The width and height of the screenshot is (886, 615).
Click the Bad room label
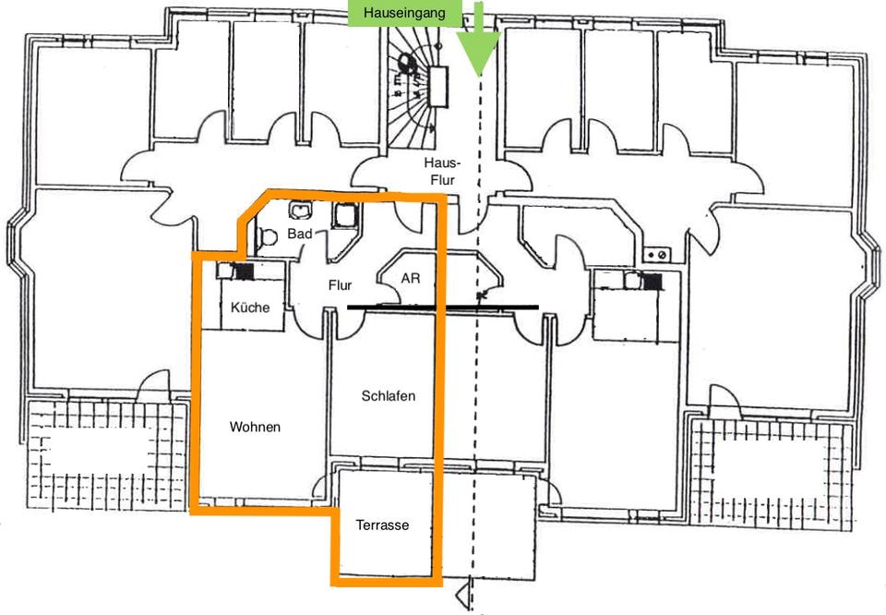click(299, 234)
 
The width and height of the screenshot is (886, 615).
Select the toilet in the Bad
click(267, 237)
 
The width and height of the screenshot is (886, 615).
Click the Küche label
click(250, 307)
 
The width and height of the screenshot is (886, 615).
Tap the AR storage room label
click(410, 277)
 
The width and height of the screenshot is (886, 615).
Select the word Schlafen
click(388, 396)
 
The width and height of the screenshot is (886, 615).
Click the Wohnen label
click(255, 427)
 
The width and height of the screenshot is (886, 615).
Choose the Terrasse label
click(382, 525)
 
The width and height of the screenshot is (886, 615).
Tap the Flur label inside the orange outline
click(340, 285)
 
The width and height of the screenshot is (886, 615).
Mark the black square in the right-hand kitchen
click(652, 282)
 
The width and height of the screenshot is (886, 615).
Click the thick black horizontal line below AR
click(442, 307)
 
